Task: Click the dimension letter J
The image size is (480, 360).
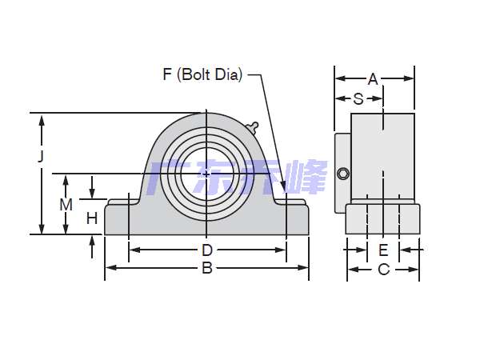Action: pos(41,156)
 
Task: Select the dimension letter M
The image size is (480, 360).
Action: pos(66,205)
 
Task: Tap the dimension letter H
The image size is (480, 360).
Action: pos(92,218)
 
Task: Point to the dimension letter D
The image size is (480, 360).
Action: pos(207,250)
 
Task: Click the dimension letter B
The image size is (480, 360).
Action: pos(207,268)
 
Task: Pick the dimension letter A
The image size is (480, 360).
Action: pos(373,79)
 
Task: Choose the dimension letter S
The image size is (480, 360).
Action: pos(358,99)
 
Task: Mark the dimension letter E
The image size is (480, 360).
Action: pos(383,250)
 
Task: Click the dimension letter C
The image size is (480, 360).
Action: pos(384,270)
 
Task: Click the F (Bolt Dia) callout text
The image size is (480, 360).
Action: pos(202,74)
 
